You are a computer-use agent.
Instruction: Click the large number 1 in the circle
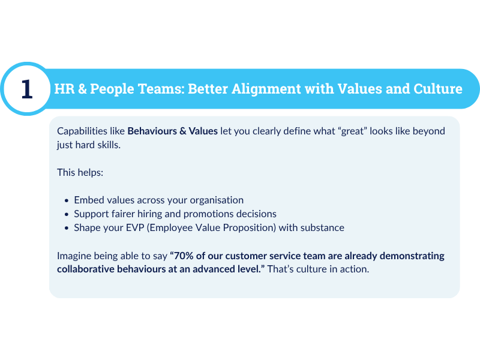(27, 89)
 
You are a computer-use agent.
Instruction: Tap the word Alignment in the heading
(266, 89)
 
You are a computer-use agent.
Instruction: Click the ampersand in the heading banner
(82, 89)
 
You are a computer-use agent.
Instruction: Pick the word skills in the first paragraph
(109, 145)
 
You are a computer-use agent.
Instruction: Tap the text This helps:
(80, 173)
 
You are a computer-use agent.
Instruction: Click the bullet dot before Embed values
(67, 201)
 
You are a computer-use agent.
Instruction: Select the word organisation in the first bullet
(217, 200)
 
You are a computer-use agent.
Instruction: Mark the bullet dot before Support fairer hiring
(67, 214)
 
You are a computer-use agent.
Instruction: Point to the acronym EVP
(135, 228)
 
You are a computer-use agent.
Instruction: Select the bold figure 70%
(182, 256)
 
